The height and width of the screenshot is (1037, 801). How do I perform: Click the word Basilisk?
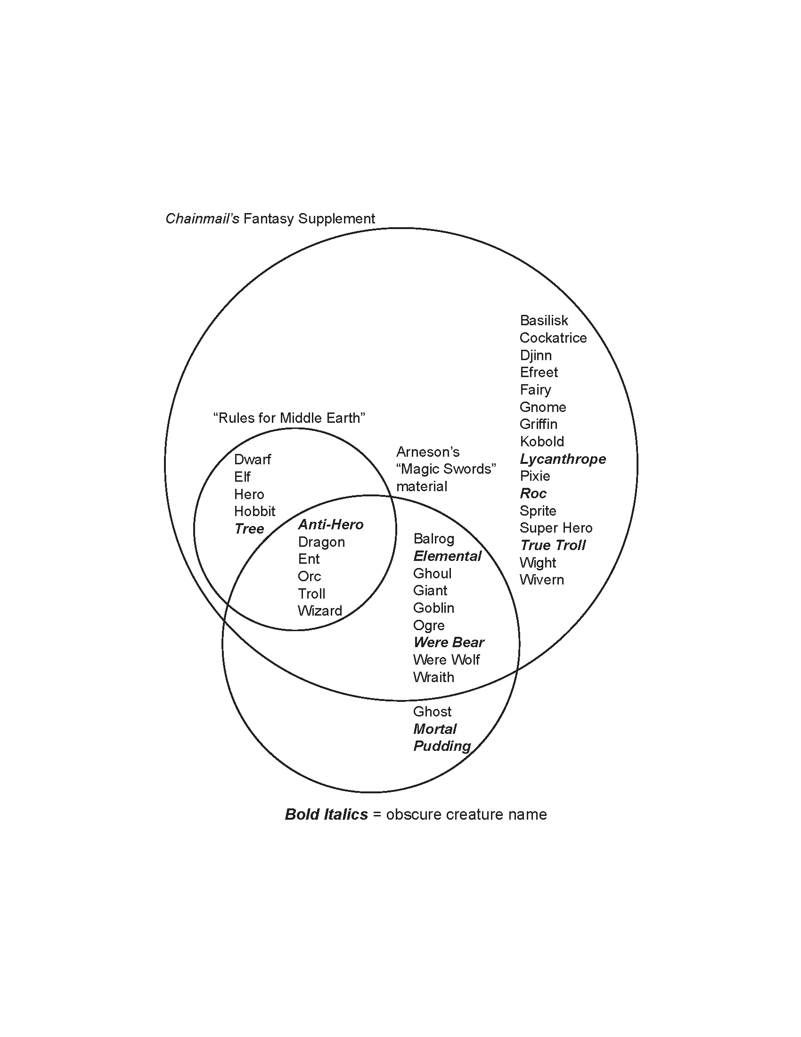tap(544, 321)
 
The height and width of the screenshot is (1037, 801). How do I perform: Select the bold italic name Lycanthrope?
tap(563, 459)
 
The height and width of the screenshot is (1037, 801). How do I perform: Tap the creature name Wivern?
tap(541, 580)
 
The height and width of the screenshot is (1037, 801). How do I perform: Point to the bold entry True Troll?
tap(553, 545)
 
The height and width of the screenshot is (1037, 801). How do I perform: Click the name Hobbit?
tap(254, 511)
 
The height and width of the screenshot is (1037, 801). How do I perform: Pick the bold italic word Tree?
tap(249, 529)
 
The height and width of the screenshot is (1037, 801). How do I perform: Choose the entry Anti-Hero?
tap(331, 525)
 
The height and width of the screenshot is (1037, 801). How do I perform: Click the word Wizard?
tap(320, 610)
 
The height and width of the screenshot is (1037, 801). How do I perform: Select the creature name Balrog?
tap(433, 539)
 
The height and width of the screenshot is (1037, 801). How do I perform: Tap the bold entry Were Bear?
tap(449, 642)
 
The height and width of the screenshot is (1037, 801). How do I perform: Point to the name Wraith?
tap(433, 677)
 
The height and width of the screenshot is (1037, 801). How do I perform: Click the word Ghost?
tap(432, 712)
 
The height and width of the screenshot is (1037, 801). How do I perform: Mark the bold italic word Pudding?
tap(442, 747)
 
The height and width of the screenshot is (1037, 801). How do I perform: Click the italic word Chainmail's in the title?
tap(202, 218)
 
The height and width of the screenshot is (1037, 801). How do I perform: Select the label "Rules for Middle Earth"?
tap(289, 418)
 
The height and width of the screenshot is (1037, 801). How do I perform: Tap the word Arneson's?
tap(427, 452)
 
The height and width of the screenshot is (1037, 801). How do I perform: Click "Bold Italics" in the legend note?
tap(326, 815)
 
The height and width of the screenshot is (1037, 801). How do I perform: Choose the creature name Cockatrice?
tap(553, 338)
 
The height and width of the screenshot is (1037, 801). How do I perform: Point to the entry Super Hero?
tap(556, 528)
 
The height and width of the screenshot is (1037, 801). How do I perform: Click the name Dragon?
tap(321, 542)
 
